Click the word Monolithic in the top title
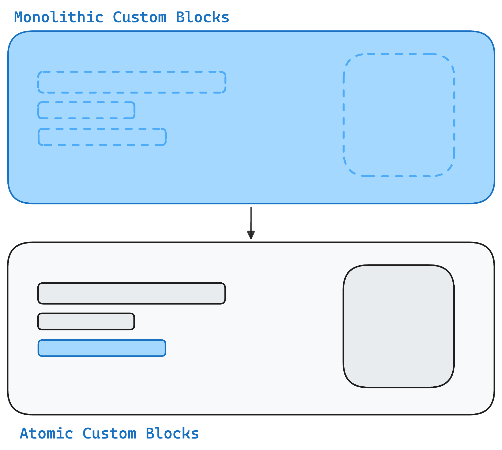point(59,17)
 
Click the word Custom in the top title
point(140,17)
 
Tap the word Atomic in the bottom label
point(46,433)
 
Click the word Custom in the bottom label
point(109,433)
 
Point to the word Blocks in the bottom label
point(172,433)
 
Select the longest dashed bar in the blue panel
point(132,82)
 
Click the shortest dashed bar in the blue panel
point(86,110)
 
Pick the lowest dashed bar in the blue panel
point(102,137)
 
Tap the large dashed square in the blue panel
point(399,115)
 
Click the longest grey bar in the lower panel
point(132,293)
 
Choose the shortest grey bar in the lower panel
point(86,321)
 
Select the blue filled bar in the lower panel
point(102,348)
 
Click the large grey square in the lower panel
point(399,326)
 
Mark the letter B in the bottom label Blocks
point(150,433)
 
